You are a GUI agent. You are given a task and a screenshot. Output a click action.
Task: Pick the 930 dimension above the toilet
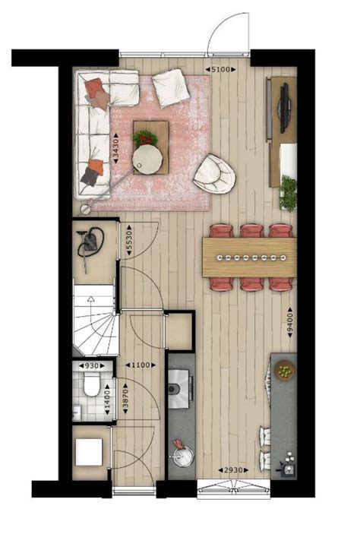92,366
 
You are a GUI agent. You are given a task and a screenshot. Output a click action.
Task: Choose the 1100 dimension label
139,366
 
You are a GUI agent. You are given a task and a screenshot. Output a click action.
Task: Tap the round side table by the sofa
147,159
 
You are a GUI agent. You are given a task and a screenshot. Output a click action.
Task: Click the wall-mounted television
285,107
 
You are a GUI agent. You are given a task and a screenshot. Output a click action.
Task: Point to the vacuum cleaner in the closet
90,242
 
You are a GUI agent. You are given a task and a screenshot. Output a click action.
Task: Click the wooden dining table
249,258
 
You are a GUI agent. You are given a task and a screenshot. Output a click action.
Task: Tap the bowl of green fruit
284,371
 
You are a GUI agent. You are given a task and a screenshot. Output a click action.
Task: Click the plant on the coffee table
145,137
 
